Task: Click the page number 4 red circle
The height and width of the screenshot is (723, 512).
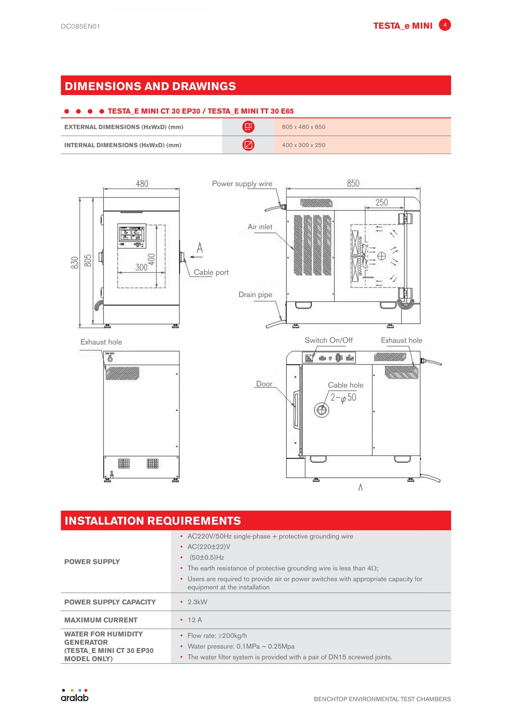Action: click(x=445, y=25)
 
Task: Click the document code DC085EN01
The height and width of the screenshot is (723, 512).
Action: click(x=80, y=26)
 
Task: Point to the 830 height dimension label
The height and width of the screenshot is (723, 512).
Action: click(x=75, y=262)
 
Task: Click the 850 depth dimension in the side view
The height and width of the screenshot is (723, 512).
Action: click(x=353, y=183)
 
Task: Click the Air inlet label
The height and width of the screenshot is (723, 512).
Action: click(x=260, y=227)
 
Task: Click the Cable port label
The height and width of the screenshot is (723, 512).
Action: click(x=211, y=272)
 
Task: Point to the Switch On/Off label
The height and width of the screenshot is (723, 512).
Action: click(x=328, y=340)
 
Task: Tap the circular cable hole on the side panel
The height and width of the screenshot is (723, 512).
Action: click(x=321, y=410)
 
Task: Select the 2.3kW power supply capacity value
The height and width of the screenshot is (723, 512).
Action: click(x=197, y=602)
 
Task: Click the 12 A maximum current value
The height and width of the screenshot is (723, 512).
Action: click(x=194, y=620)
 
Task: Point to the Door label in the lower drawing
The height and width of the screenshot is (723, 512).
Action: click(x=264, y=384)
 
